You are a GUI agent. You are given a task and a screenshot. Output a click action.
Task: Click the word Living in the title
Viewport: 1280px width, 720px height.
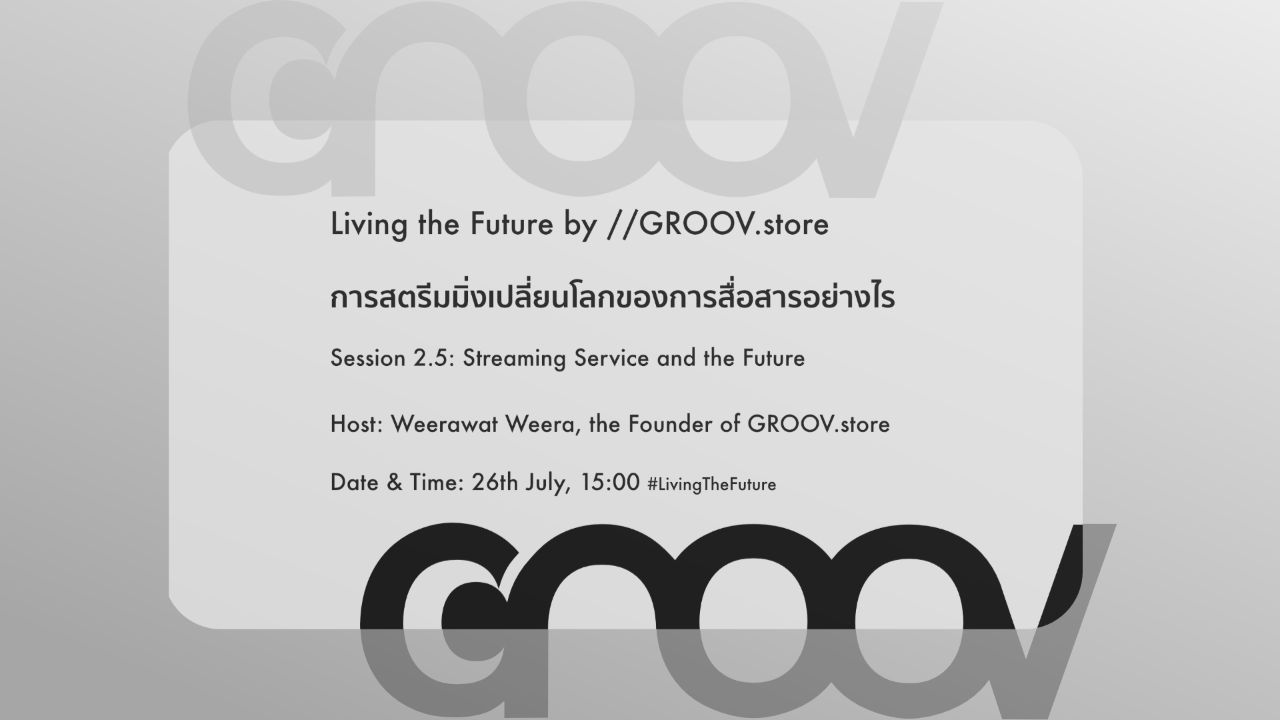(369, 225)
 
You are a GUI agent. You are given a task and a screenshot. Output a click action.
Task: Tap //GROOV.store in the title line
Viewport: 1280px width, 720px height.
(718, 224)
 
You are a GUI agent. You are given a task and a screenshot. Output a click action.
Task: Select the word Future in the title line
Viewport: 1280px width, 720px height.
(511, 224)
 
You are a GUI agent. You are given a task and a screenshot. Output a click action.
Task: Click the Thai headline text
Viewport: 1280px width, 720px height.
(612, 297)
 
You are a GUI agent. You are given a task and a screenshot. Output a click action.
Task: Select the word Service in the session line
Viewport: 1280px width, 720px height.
(611, 359)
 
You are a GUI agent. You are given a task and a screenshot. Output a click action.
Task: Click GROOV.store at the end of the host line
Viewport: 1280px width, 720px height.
(819, 424)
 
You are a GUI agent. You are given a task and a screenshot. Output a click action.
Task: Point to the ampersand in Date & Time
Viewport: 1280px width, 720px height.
(395, 483)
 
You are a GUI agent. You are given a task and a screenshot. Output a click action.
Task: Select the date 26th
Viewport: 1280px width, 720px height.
(495, 483)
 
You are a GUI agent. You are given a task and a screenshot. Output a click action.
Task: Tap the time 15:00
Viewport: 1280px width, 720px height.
(610, 483)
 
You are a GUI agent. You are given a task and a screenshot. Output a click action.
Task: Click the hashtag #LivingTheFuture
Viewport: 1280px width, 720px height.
(711, 485)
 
